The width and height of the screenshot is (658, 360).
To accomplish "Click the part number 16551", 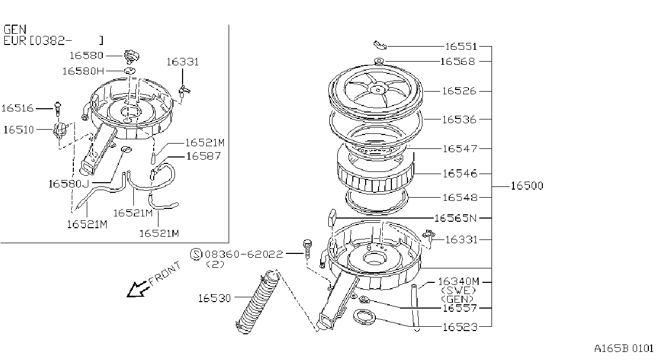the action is point(461,47).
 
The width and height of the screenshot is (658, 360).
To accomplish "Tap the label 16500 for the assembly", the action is point(527,186).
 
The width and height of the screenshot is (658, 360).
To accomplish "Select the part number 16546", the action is point(460,174).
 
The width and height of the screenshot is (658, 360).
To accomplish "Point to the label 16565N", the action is point(455,218).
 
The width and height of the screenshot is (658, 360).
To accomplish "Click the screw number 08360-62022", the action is point(244,254).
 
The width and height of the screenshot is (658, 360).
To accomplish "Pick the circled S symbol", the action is point(196,254).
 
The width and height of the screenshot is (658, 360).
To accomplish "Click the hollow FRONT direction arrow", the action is point(137,289).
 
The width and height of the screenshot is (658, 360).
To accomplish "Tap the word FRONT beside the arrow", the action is point(164,273).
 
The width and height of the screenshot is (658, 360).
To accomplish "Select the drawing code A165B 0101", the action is point(624,349).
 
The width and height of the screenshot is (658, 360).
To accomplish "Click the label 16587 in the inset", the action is point(203,156).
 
